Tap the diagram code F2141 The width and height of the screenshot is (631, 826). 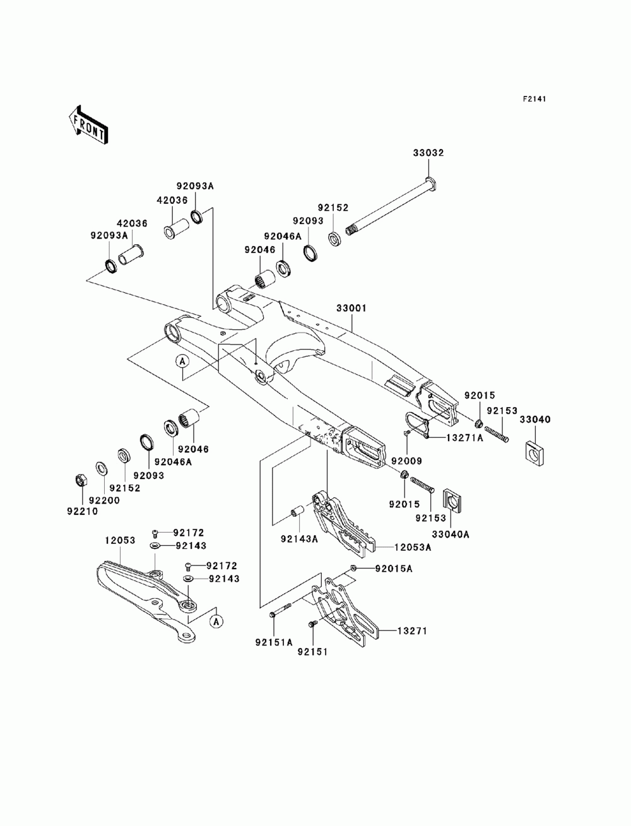[x=534, y=99]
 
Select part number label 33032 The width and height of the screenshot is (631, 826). [x=428, y=153]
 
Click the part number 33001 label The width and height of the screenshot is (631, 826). [x=351, y=308]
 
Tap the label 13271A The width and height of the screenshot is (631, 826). [x=464, y=438]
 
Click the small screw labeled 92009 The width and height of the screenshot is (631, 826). [x=406, y=433]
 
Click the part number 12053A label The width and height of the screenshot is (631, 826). [x=413, y=547]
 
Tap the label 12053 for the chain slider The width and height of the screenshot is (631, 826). [x=120, y=540]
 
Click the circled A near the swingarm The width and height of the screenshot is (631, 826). [x=182, y=362]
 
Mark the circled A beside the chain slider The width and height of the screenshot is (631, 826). [x=216, y=620]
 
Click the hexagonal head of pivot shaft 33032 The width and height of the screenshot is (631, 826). [x=432, y=183]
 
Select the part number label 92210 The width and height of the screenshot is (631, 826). [x=82, y=511]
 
